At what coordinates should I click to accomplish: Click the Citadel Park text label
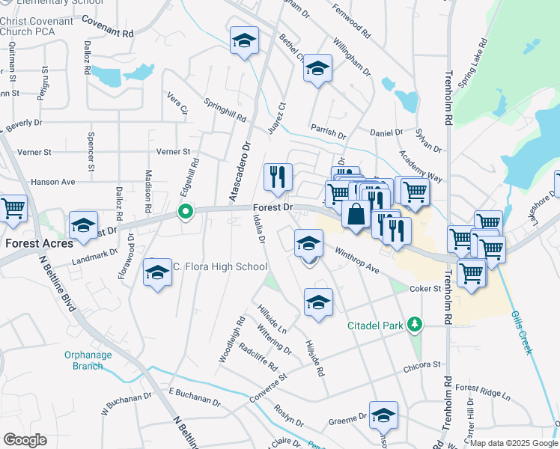375,326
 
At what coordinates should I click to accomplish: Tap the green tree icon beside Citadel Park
412,325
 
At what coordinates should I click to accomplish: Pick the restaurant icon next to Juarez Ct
278,177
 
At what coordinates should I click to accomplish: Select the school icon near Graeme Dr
383,415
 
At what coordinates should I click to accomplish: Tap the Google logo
25,440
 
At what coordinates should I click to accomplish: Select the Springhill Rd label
225,109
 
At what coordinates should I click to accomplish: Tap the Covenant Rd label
107,34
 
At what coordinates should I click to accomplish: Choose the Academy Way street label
421,162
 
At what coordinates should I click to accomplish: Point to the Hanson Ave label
53,182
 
